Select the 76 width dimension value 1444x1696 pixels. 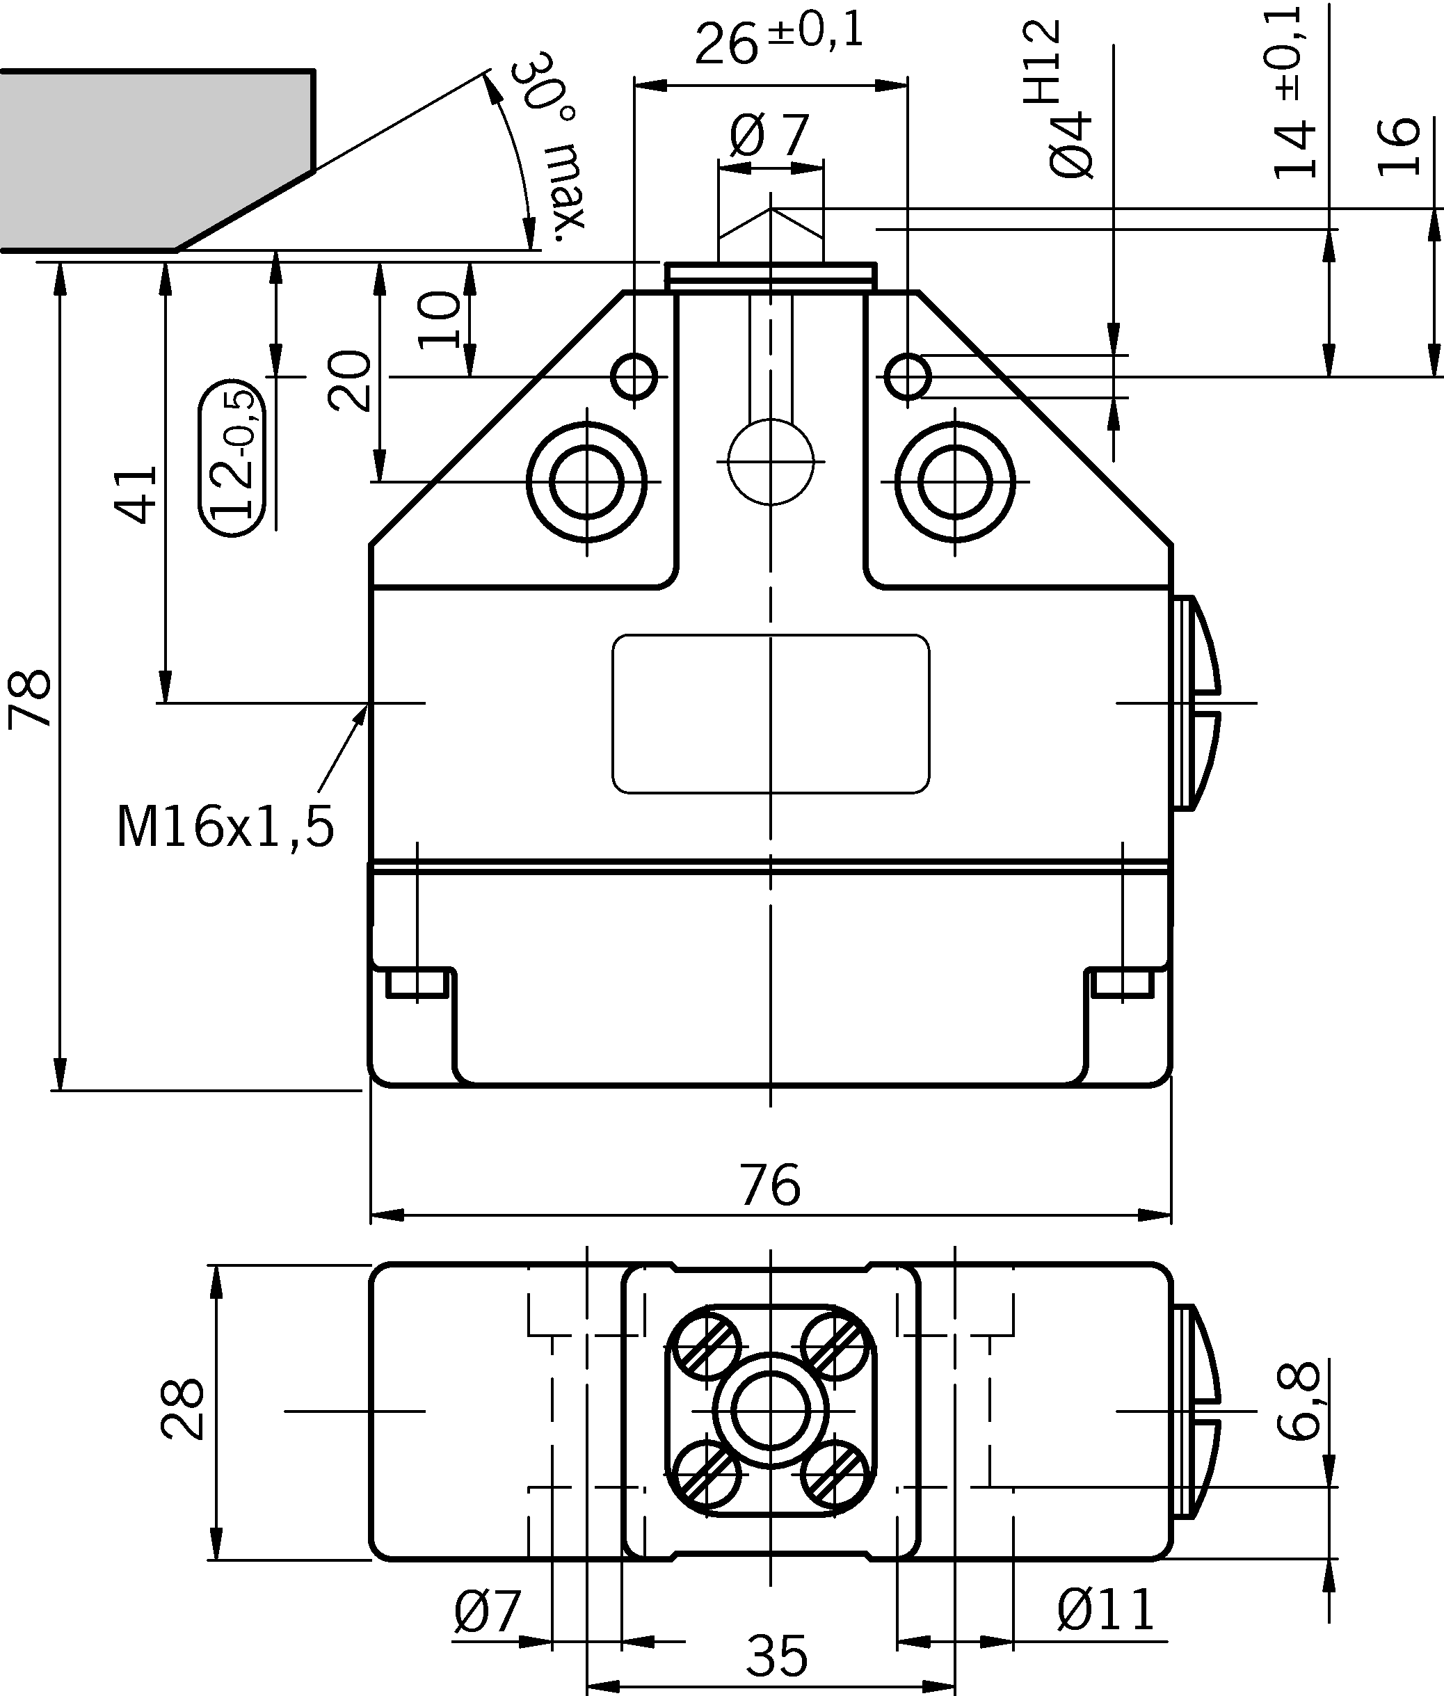click(x=769, y=1185)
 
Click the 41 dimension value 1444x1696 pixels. click(x=136, y=495)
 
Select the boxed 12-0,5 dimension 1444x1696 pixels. click(x=232, y=458)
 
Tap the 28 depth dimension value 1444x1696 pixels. click(x=182, y=1409)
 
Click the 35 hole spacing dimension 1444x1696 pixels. click(x=776, y=1654)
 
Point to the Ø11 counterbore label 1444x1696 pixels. click(x=1105, y=1608)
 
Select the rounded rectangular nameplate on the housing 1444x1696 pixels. click(x=770, y=714)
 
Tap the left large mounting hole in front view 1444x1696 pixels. click(x=586, y=482)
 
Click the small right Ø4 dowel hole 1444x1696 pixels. click(x=908, y=377)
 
